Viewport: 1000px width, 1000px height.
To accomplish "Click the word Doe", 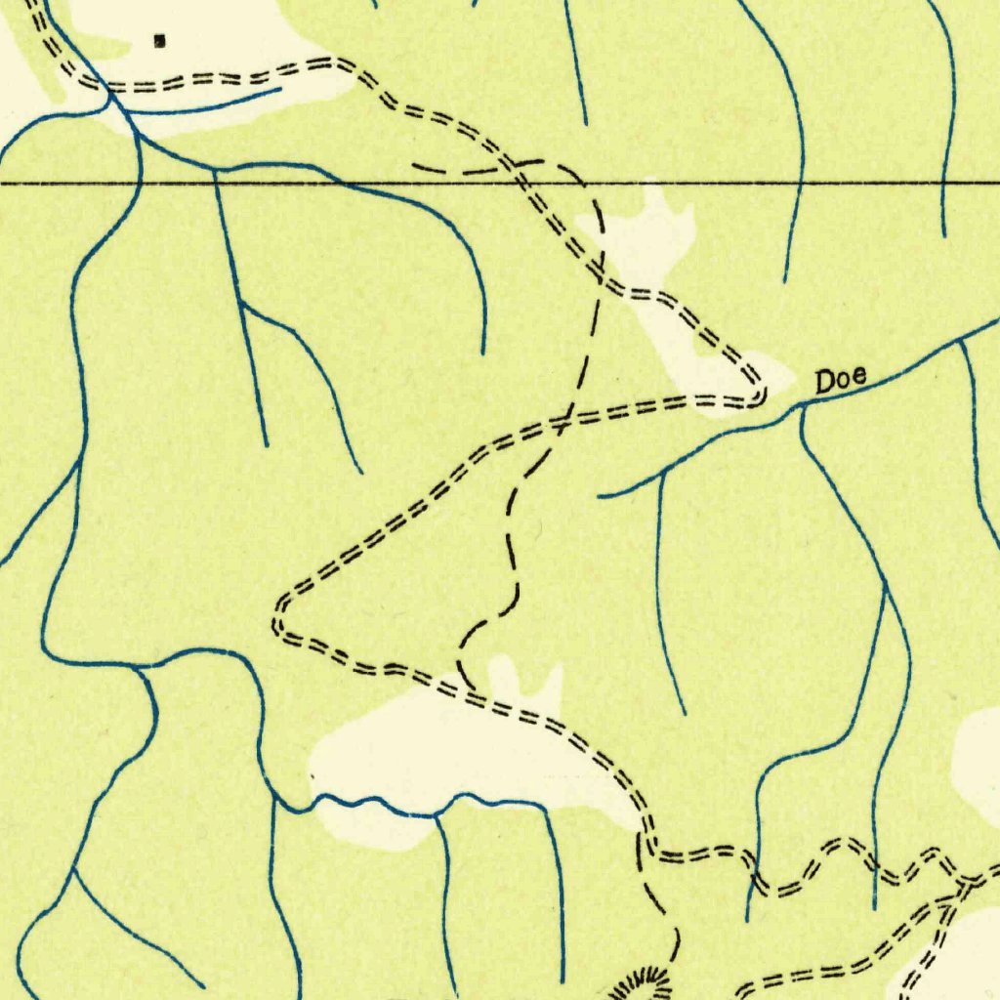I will click(x=841, y=382).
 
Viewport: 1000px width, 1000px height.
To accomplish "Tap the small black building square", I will click(x=161, y=41).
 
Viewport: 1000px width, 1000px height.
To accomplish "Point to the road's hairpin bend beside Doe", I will click(x=760, y=395).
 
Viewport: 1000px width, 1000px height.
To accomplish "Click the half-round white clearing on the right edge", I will click(x=979, y=758).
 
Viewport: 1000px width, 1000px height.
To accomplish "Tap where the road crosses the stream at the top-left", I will click(x=108, y=94).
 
